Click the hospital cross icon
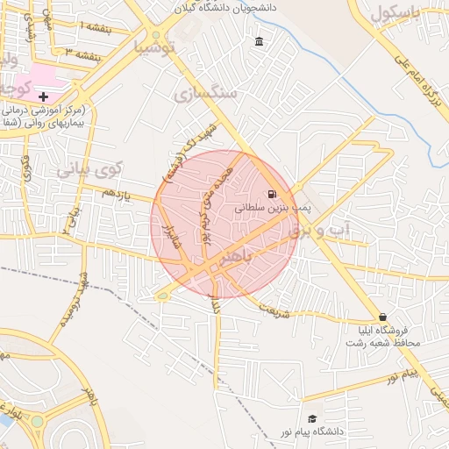[x=44, y=96]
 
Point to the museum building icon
[x=259, y=42]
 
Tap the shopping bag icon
[x=381, y=317]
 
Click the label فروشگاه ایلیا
[x=387, y=331]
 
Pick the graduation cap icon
[x=311, y=419]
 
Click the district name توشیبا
[x=153, y=46]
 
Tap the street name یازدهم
[x=122, y=191]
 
